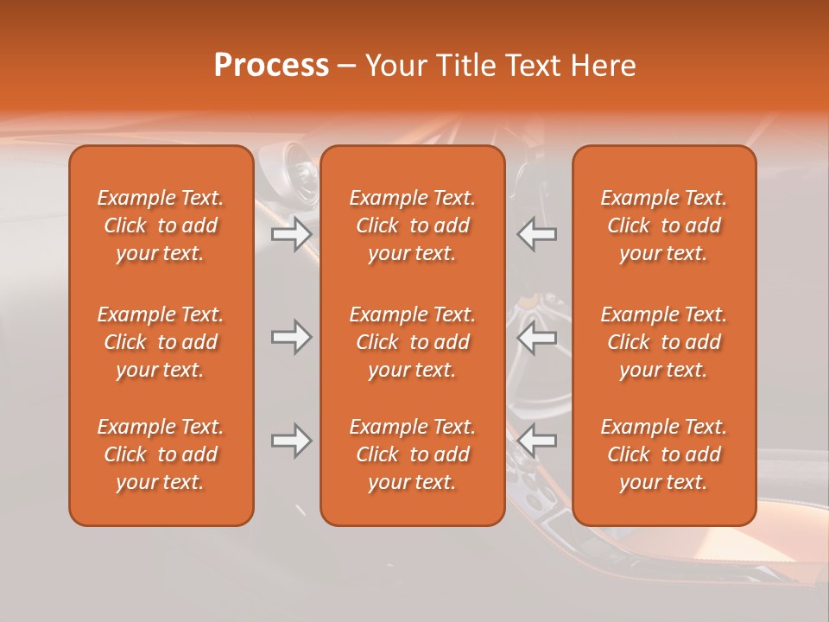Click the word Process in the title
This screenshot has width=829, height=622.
pos(271,66)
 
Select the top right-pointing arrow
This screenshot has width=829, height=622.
pos(291,233)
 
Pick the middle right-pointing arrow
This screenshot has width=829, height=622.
pos(291,337)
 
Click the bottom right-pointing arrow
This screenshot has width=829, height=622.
pos(291,441)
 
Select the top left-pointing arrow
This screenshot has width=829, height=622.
pos(537,233)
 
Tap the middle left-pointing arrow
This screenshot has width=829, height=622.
pos(537,337)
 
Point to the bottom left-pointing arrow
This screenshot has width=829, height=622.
pos(537,441)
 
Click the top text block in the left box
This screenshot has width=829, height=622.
pos(161,225)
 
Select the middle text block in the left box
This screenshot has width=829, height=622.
pos(161,342)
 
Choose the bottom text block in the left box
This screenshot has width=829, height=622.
pos(161,454)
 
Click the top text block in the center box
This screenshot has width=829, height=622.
pos(413,225)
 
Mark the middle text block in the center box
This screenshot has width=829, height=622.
pos(413,342)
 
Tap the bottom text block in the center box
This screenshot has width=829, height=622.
pos(413,454)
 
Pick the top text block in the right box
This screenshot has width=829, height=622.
pos(664,225)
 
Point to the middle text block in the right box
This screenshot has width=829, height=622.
pos(664,342)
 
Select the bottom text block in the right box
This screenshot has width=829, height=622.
pos(664,454)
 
